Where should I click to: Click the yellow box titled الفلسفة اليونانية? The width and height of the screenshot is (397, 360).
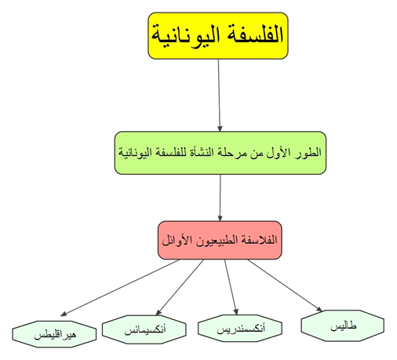point(218,35)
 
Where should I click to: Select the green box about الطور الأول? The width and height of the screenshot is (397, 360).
point(220,153)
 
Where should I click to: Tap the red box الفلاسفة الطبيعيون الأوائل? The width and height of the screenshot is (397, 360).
point(220,240)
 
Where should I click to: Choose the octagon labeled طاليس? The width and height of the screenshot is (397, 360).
point(343,325)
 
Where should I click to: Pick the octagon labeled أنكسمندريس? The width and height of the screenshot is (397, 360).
point(240,329)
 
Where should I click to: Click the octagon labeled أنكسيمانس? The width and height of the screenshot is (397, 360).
point(144,329)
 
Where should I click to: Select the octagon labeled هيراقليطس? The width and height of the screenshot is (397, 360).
point(54,334)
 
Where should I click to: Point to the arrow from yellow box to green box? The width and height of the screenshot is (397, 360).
point(219,95)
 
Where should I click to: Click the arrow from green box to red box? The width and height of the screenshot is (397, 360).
point(220,198)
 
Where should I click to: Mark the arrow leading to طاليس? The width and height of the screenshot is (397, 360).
point(285,285)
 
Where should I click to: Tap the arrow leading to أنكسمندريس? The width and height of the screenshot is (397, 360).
point(231,287)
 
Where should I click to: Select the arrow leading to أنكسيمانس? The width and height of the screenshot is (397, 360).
point(180,287)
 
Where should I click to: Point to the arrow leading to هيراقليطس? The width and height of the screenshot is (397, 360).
point(120,288)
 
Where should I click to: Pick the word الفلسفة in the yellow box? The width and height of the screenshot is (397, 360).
point(252,35)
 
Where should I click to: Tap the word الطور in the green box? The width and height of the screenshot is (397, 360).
point(308,153)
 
